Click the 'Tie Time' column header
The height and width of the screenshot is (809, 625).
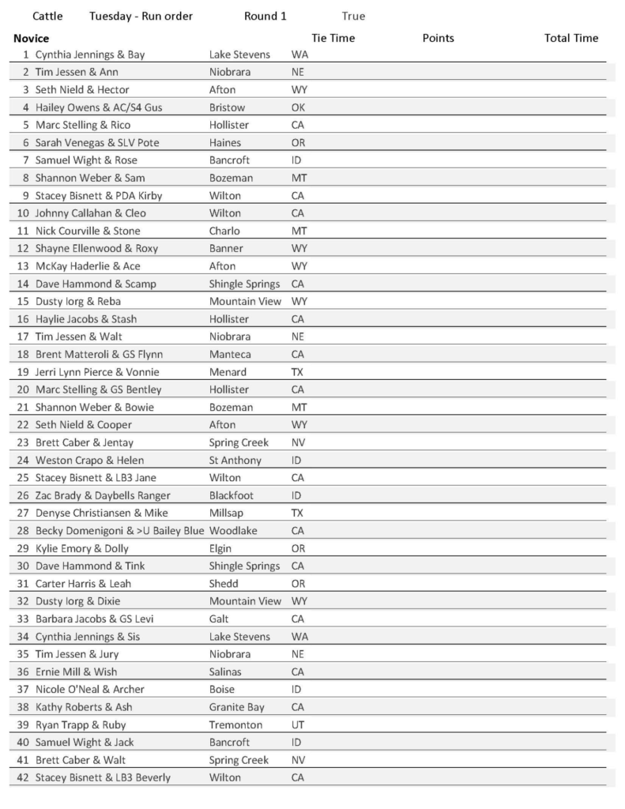coord(333,38)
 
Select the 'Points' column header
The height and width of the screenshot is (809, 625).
coord(439,38)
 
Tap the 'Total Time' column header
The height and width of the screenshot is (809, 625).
coord(571,38)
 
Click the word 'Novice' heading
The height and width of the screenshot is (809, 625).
coord(31,38)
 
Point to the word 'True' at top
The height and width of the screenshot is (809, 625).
coord(353,16)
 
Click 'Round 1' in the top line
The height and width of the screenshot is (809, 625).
coord(265,16)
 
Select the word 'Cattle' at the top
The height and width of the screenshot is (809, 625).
coord(47,16)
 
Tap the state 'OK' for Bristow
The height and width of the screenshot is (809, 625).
coord(299,107)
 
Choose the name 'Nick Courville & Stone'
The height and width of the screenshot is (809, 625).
coord(88,231)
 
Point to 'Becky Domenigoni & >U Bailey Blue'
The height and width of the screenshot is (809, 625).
coord(119,531)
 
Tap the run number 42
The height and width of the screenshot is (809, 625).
coord(22,777)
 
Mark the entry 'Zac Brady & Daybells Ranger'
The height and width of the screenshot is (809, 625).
coord(102,495)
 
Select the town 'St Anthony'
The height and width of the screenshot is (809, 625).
coord(235,460)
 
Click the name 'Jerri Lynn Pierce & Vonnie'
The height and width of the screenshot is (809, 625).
coord(97,372)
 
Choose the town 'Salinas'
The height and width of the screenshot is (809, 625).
coord(227,672)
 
